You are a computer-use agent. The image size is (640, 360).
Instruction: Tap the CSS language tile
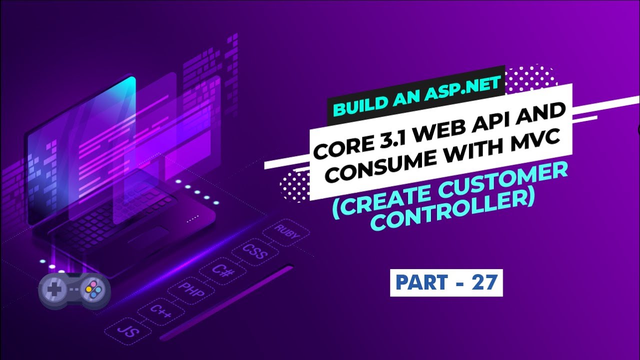click(255, 251)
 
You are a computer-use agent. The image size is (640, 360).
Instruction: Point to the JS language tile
click(128, 331)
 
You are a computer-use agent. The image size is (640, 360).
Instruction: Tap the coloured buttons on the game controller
click(93, 289)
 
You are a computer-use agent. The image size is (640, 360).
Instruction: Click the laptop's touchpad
click(148, 235)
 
